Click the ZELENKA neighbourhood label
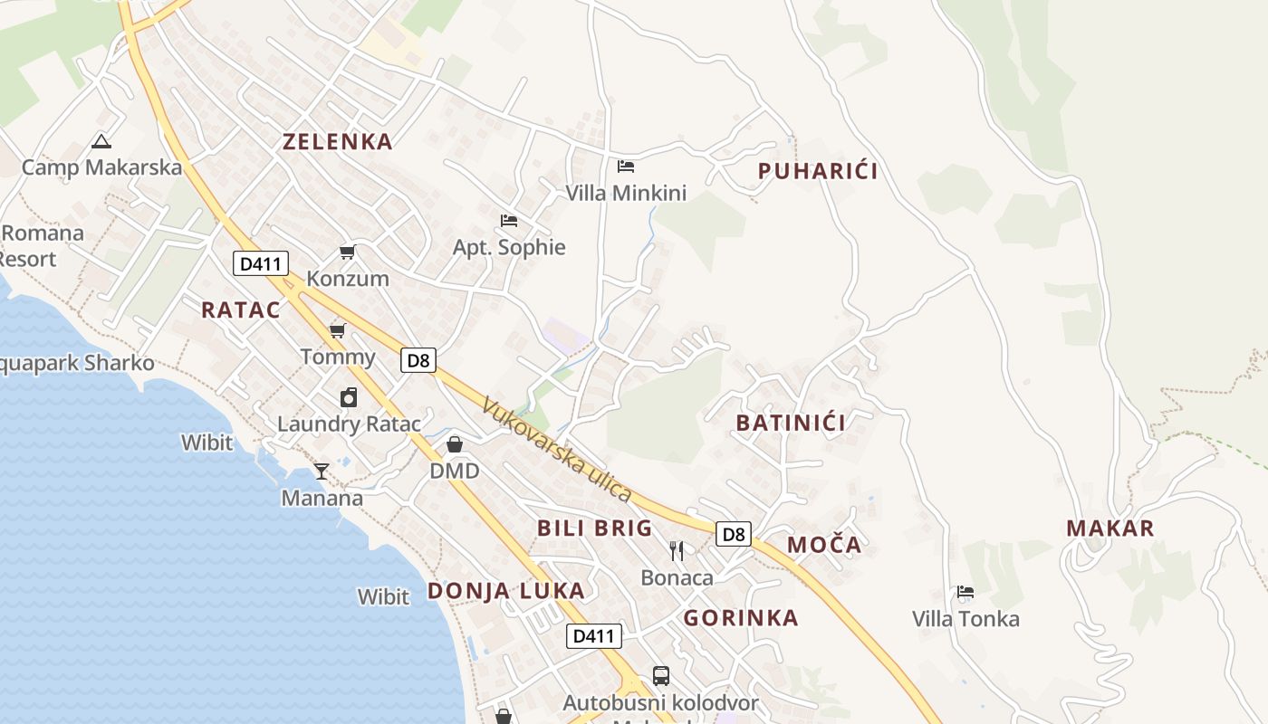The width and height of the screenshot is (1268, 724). coord(337,142)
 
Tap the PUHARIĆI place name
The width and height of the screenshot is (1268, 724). coord(818,171)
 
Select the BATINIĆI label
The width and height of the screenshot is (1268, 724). coord(791,423)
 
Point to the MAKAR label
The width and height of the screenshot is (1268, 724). coord(1110,529)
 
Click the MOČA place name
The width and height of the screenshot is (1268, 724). coord(824,545)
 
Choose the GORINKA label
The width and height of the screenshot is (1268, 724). coord(741,618)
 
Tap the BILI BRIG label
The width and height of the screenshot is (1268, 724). coord(594,529)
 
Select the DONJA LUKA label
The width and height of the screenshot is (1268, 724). coord(505,591)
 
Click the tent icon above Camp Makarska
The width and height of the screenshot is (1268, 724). coord(101,141)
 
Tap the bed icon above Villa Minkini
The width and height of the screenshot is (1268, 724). coord(626,167)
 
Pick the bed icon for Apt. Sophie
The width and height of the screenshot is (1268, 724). coord(509,221)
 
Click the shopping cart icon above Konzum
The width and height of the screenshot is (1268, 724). coord(347,252)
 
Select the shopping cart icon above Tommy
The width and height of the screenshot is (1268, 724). coord(338,330)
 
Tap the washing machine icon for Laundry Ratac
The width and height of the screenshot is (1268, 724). coord(349,397)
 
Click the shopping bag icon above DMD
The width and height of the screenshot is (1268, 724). coord(455,444)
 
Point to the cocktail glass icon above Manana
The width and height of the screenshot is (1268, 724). coord(322,471)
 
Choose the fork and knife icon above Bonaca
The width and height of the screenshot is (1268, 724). coord(677,550)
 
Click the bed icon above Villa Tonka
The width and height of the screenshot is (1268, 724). coord(965,593)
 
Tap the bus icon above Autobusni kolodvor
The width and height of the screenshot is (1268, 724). coord(661,675)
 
